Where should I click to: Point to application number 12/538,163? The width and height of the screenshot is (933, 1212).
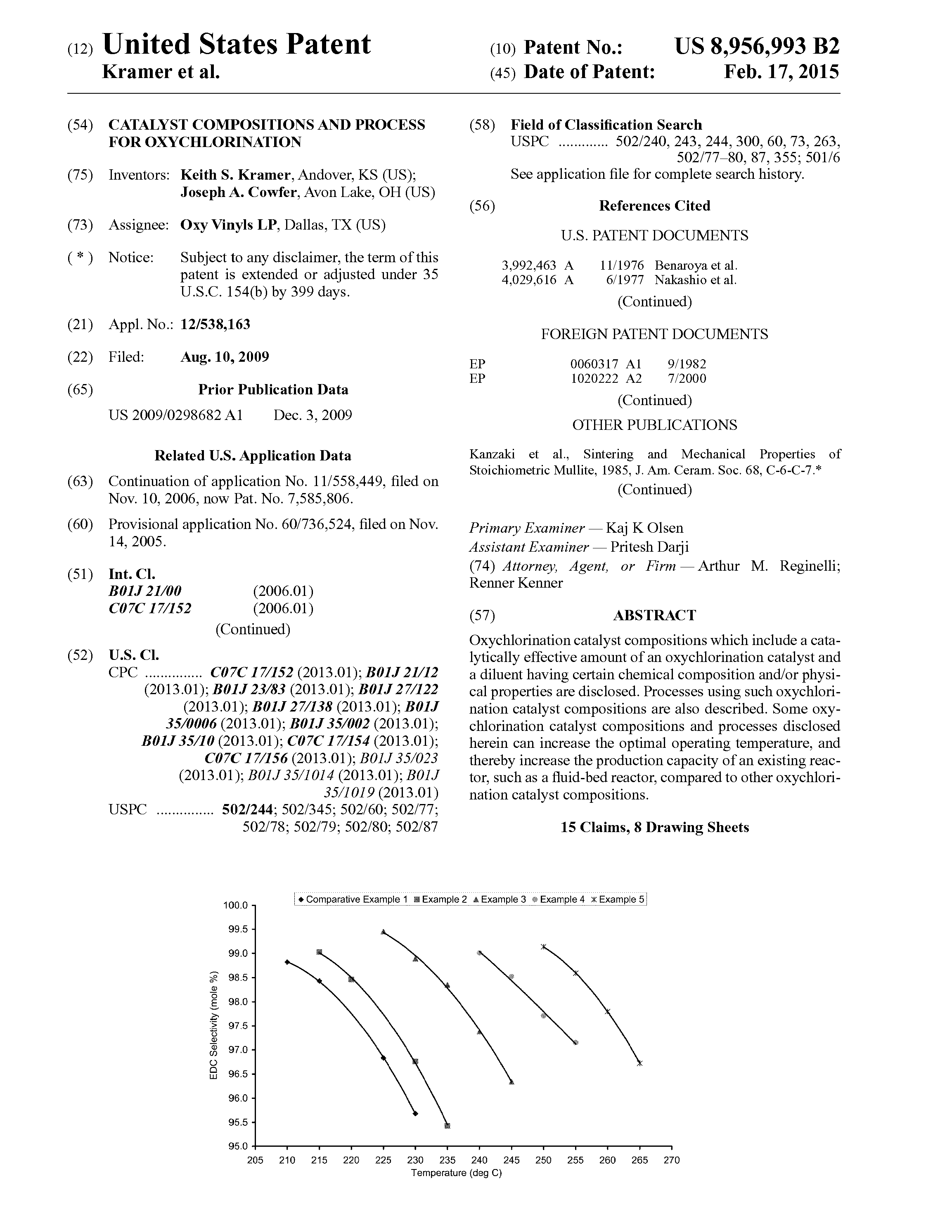[215, 324]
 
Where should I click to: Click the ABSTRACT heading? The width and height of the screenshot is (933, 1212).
[654, 615]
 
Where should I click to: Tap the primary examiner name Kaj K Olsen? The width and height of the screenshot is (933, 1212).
[644, 528]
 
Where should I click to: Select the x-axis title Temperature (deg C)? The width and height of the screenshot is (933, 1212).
[456, 1173]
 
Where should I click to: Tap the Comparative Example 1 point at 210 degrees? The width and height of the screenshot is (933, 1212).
[287, 962]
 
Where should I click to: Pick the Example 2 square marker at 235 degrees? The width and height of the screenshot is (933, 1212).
[448, 1126]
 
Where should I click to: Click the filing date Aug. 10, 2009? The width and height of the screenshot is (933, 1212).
[225, 357]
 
